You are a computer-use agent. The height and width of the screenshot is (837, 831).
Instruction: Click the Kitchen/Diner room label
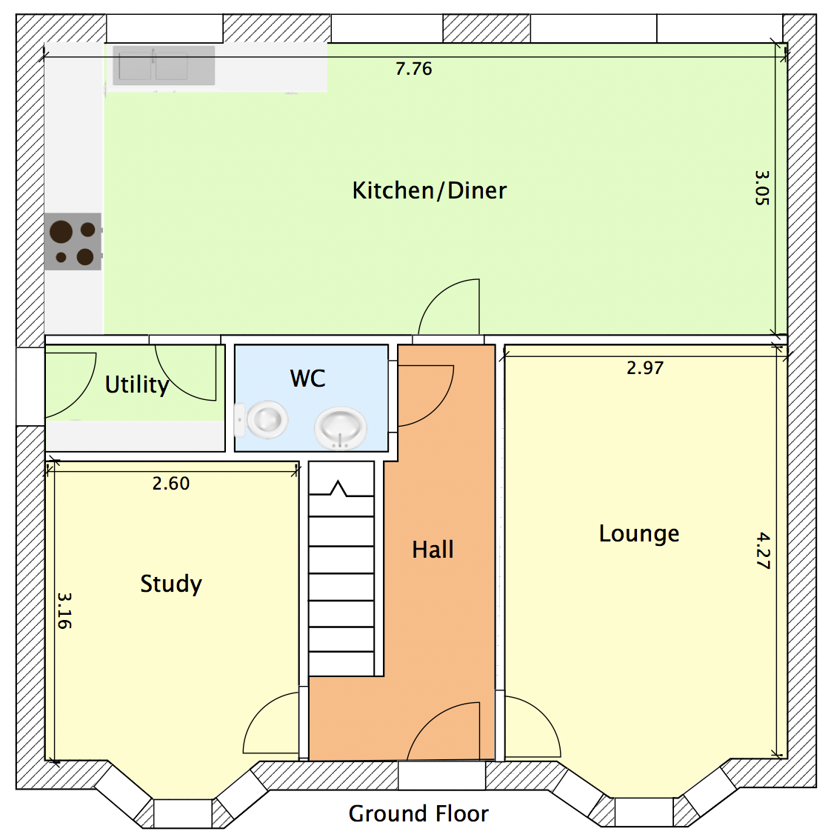[429, 190]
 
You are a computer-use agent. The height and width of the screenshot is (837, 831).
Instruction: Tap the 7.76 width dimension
[413, 69]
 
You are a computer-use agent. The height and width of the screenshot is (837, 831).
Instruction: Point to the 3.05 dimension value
[762, 188]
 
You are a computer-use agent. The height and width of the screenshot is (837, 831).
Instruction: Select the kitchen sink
[164, 65]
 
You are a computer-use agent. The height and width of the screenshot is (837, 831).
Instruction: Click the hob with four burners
[73, 241]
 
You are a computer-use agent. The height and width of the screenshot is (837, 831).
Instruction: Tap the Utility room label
[136, 384]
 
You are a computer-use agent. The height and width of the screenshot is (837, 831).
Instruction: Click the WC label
[307, 379]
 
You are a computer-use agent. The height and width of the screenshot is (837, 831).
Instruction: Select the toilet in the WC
[262, 421]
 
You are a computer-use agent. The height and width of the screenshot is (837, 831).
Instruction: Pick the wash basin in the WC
[341, 428]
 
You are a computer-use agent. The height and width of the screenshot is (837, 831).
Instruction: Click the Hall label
[433, 550]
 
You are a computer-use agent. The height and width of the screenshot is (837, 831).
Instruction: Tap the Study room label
[171, 584]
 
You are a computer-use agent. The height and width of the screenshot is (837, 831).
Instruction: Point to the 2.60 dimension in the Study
[171, 484]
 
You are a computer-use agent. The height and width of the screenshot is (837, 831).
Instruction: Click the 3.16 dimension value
[64, 610]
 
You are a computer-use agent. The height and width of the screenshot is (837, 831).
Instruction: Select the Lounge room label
[638, 534]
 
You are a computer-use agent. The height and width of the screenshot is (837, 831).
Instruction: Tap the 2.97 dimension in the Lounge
[645, 368]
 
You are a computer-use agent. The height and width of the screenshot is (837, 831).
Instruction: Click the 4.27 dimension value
[763, 551]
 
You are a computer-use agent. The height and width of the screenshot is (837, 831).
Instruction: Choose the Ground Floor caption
[418, 814]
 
